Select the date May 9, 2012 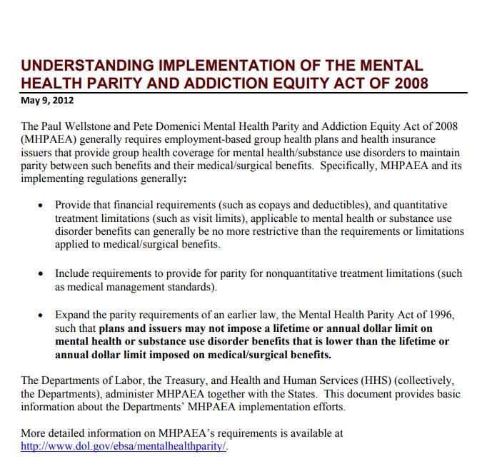[x=47, y=101]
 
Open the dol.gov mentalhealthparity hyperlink [x=124, y=446]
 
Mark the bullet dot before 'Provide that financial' [x=41, y=206]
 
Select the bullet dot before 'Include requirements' [x=41, y=274]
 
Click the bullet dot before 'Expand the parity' [x=41, y=315]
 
